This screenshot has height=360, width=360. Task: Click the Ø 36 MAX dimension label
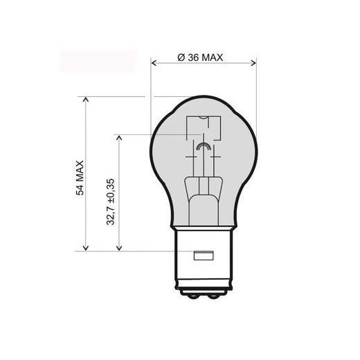(x=199, y=57)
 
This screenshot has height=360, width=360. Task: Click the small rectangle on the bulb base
(x=204, y=255)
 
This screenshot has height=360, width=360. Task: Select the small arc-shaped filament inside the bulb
(x=204, y=147)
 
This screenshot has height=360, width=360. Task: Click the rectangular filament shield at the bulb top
(x=204, y=127)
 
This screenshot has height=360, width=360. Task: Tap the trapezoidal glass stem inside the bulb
(x=204, y=190)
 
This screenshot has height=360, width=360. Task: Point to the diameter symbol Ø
(x=180, y=57)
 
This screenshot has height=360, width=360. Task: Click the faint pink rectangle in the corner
(x=97, y=60)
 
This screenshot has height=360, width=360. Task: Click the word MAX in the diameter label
(x=211, y=57)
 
